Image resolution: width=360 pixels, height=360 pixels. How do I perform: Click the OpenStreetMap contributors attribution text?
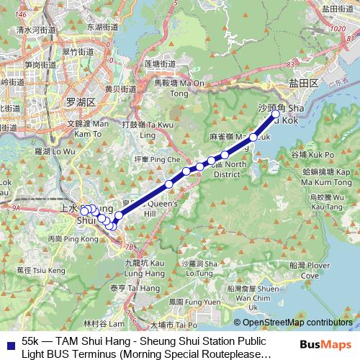pos(296,323)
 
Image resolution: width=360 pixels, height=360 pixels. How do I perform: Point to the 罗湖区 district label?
pos(80,102)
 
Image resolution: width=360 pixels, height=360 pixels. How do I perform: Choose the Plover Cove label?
pos(310,271)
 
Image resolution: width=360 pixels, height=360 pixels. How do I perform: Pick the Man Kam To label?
pos(87,128)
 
